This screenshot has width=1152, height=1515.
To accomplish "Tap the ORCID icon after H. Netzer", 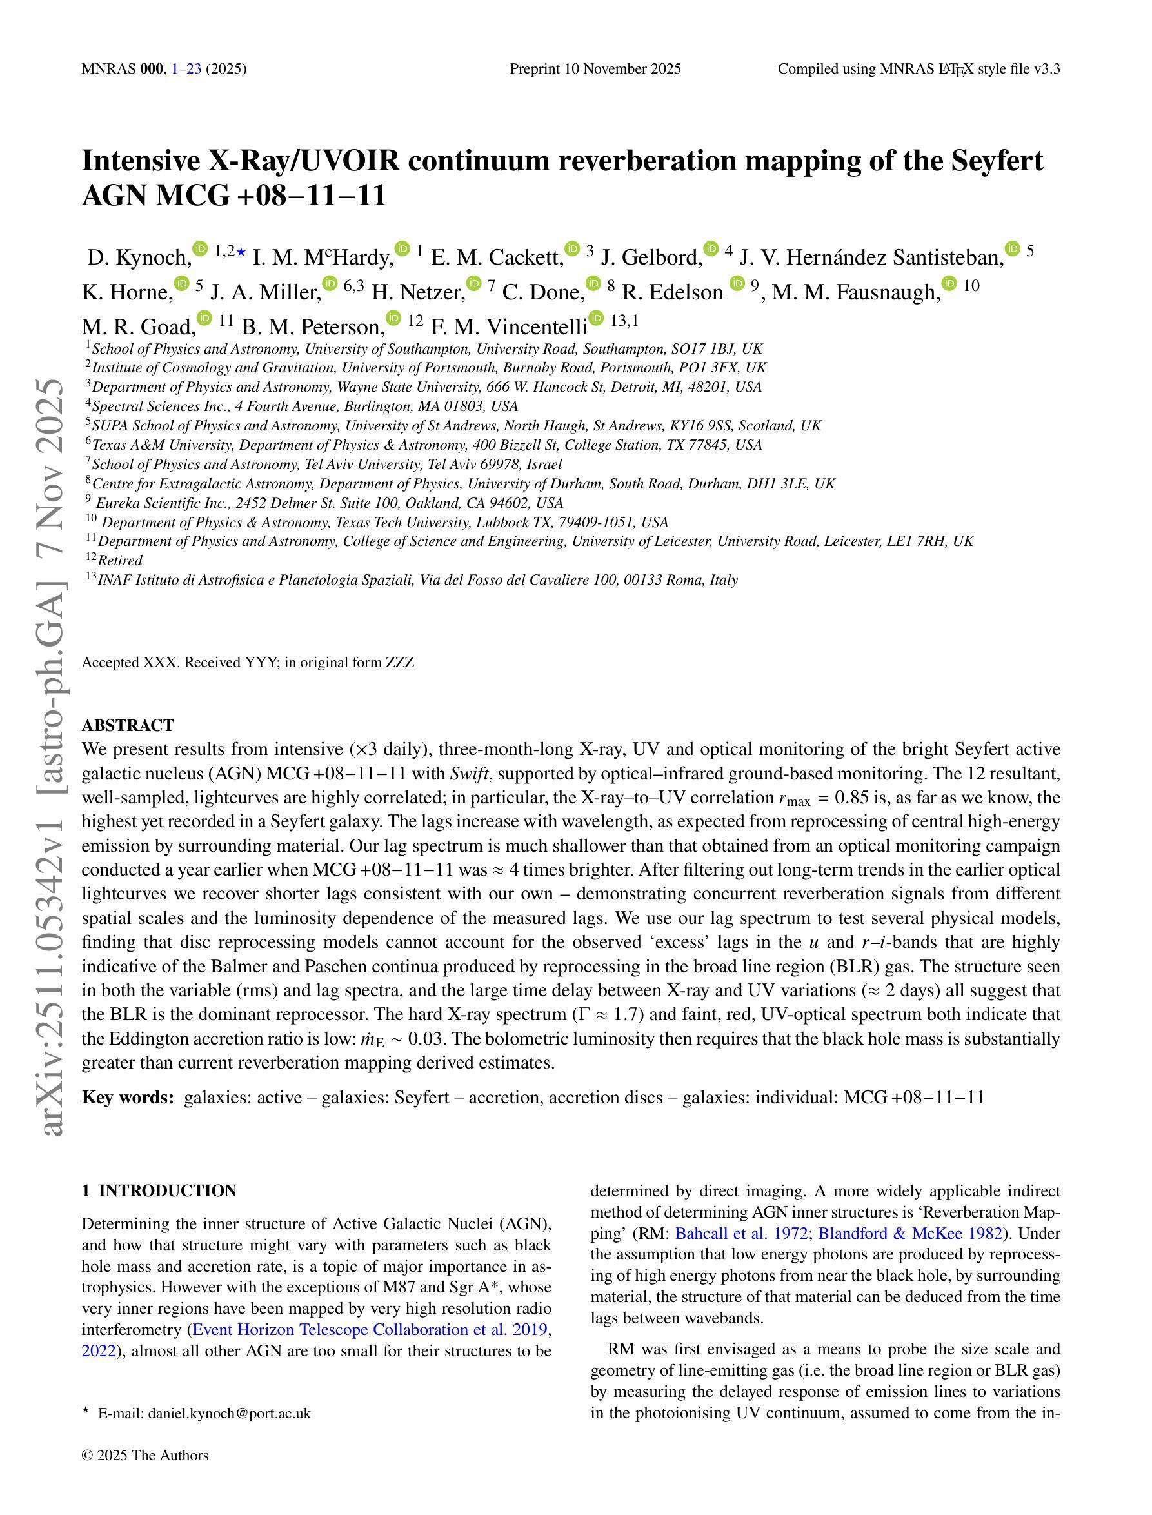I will point(473,283).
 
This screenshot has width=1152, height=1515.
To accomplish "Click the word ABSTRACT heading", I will point(128,725).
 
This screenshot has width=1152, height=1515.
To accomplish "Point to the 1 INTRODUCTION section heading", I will point(159,1190).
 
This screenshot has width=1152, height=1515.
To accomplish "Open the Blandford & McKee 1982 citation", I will point(911,1233).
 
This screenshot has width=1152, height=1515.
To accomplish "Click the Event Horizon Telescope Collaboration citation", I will point(370,1330).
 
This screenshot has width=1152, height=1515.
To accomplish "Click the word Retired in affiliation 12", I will point(120,560).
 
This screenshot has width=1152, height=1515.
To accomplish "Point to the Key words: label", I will point(128,1098).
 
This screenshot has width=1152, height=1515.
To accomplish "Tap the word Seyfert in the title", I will point(997,161).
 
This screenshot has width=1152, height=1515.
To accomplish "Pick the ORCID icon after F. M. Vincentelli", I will point(597,318).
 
